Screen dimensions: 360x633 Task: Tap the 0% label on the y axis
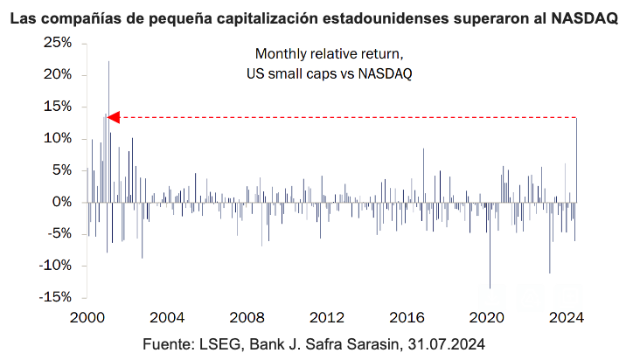point(62,202)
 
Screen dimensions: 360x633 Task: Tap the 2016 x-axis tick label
point(407,316)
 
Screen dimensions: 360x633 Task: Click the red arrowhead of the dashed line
point(112,117)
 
